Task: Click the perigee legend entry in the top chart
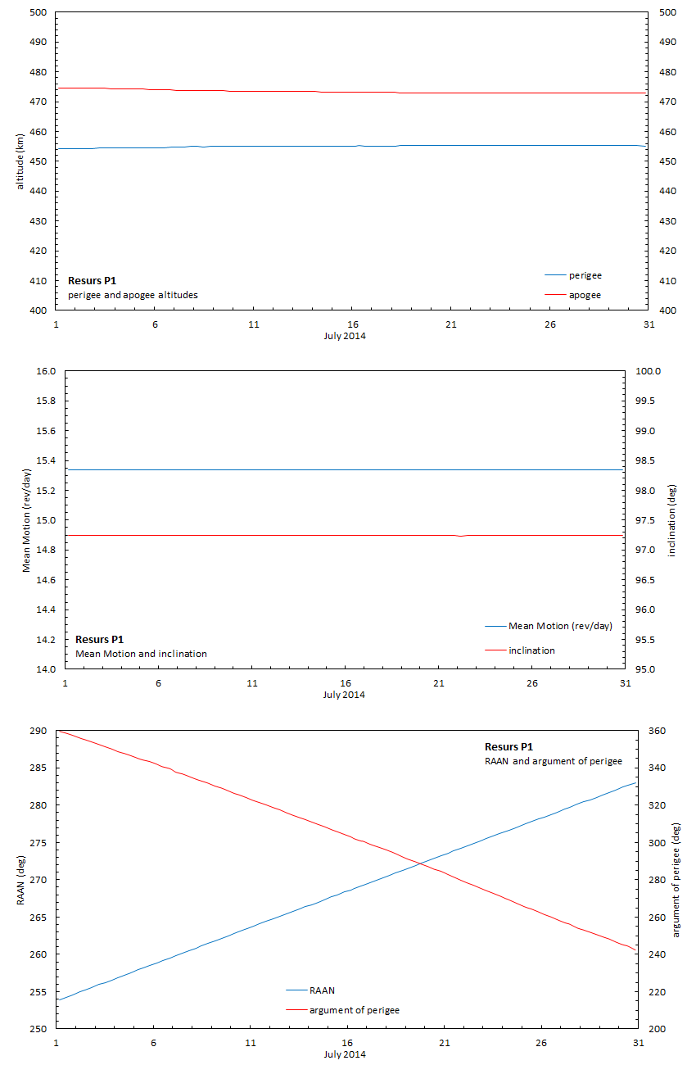[585, 275]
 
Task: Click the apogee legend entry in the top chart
[585, 295]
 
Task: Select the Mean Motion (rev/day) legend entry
[560, 626]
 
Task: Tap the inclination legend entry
[531, 650]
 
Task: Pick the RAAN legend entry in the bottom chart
[322, 990]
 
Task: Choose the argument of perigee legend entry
[354, 1010]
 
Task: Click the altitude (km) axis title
[20, 161]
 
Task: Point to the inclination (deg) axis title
[673, 520]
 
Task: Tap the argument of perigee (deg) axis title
[676, 879]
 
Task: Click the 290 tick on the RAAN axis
[38, 731]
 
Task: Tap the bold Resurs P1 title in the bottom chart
[508, 747]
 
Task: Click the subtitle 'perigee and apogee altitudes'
[133, 295]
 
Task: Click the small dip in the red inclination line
[461, 536]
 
